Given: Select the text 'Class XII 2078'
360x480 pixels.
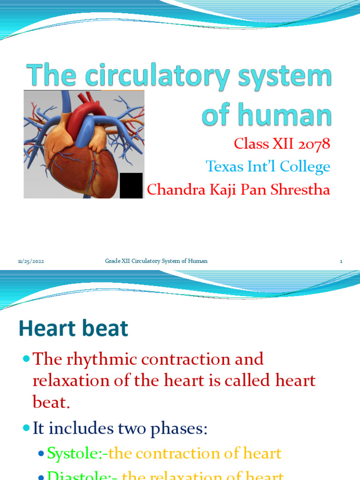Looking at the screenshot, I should (282, 143).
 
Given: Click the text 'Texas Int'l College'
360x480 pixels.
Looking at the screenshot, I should (268, 166).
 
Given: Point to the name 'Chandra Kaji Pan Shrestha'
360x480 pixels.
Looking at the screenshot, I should (239, 189).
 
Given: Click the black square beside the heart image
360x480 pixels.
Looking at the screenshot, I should (131, 185).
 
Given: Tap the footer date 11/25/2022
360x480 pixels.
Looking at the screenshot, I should (31, 261).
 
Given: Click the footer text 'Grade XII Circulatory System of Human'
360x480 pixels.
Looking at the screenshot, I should (156, 261).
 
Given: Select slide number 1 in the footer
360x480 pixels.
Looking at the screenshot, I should (341, 261).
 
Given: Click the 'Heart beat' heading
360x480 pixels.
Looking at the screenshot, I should (73, 329).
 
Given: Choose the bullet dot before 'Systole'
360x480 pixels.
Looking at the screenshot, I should (41, 453).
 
